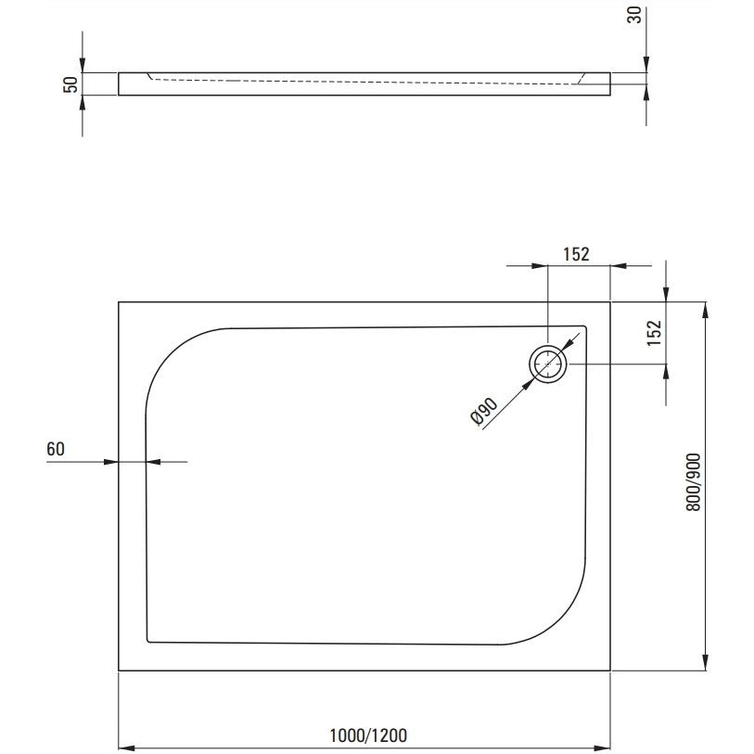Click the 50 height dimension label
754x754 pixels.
tap(70, 84)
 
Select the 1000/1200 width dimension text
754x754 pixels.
tap(368, 735)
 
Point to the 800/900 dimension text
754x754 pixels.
tap(694, 482)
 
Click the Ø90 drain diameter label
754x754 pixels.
tap(484, 412)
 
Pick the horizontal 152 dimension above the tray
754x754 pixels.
tap(576, 254)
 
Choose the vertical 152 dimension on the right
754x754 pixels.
tap(655, 333)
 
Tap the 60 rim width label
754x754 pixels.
tap(56, 449)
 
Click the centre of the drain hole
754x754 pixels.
tap(548, 364)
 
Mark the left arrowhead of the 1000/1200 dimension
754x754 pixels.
tap(126, 748)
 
